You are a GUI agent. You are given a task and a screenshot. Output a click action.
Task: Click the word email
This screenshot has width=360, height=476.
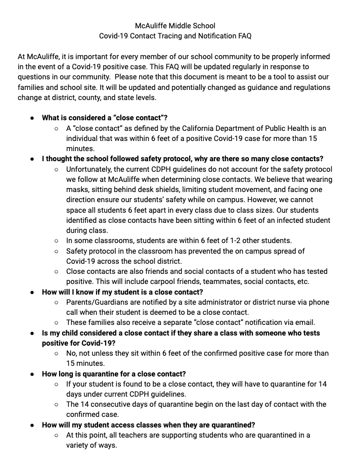point(304,322)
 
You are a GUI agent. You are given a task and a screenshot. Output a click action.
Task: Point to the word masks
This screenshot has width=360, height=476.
point(77,189)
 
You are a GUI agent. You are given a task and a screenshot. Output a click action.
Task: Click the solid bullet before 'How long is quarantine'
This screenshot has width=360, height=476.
point(32,374)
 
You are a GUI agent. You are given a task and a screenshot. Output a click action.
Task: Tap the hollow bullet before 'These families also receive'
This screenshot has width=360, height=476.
point(57,322)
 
